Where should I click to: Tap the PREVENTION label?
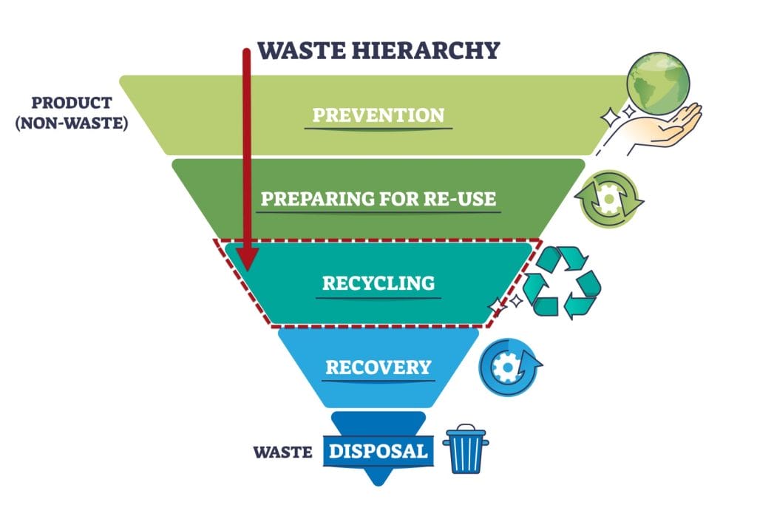pyautogui.click(x=378, y=115)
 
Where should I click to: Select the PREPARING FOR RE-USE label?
pyautogui.click(x=378, y=200)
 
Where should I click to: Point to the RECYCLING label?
pyautogui.click(x=378, y=283)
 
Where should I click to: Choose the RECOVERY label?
pyautogui.click(x=378, y=367)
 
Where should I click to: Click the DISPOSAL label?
pyautogui.click(x=378, y=450)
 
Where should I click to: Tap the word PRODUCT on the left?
pyautogui.click(x=72, y=102)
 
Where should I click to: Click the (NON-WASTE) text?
pyautogui.click(x=72, y=123)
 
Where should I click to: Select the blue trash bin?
pyautogui.click(x=466, y=451)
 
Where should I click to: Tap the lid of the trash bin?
pyautogui.click(x=466, y=433)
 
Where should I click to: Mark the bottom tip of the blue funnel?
pyautogui.click(x=378, y=484)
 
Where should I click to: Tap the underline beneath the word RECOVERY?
pyautogui.click(x=378, y=381)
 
